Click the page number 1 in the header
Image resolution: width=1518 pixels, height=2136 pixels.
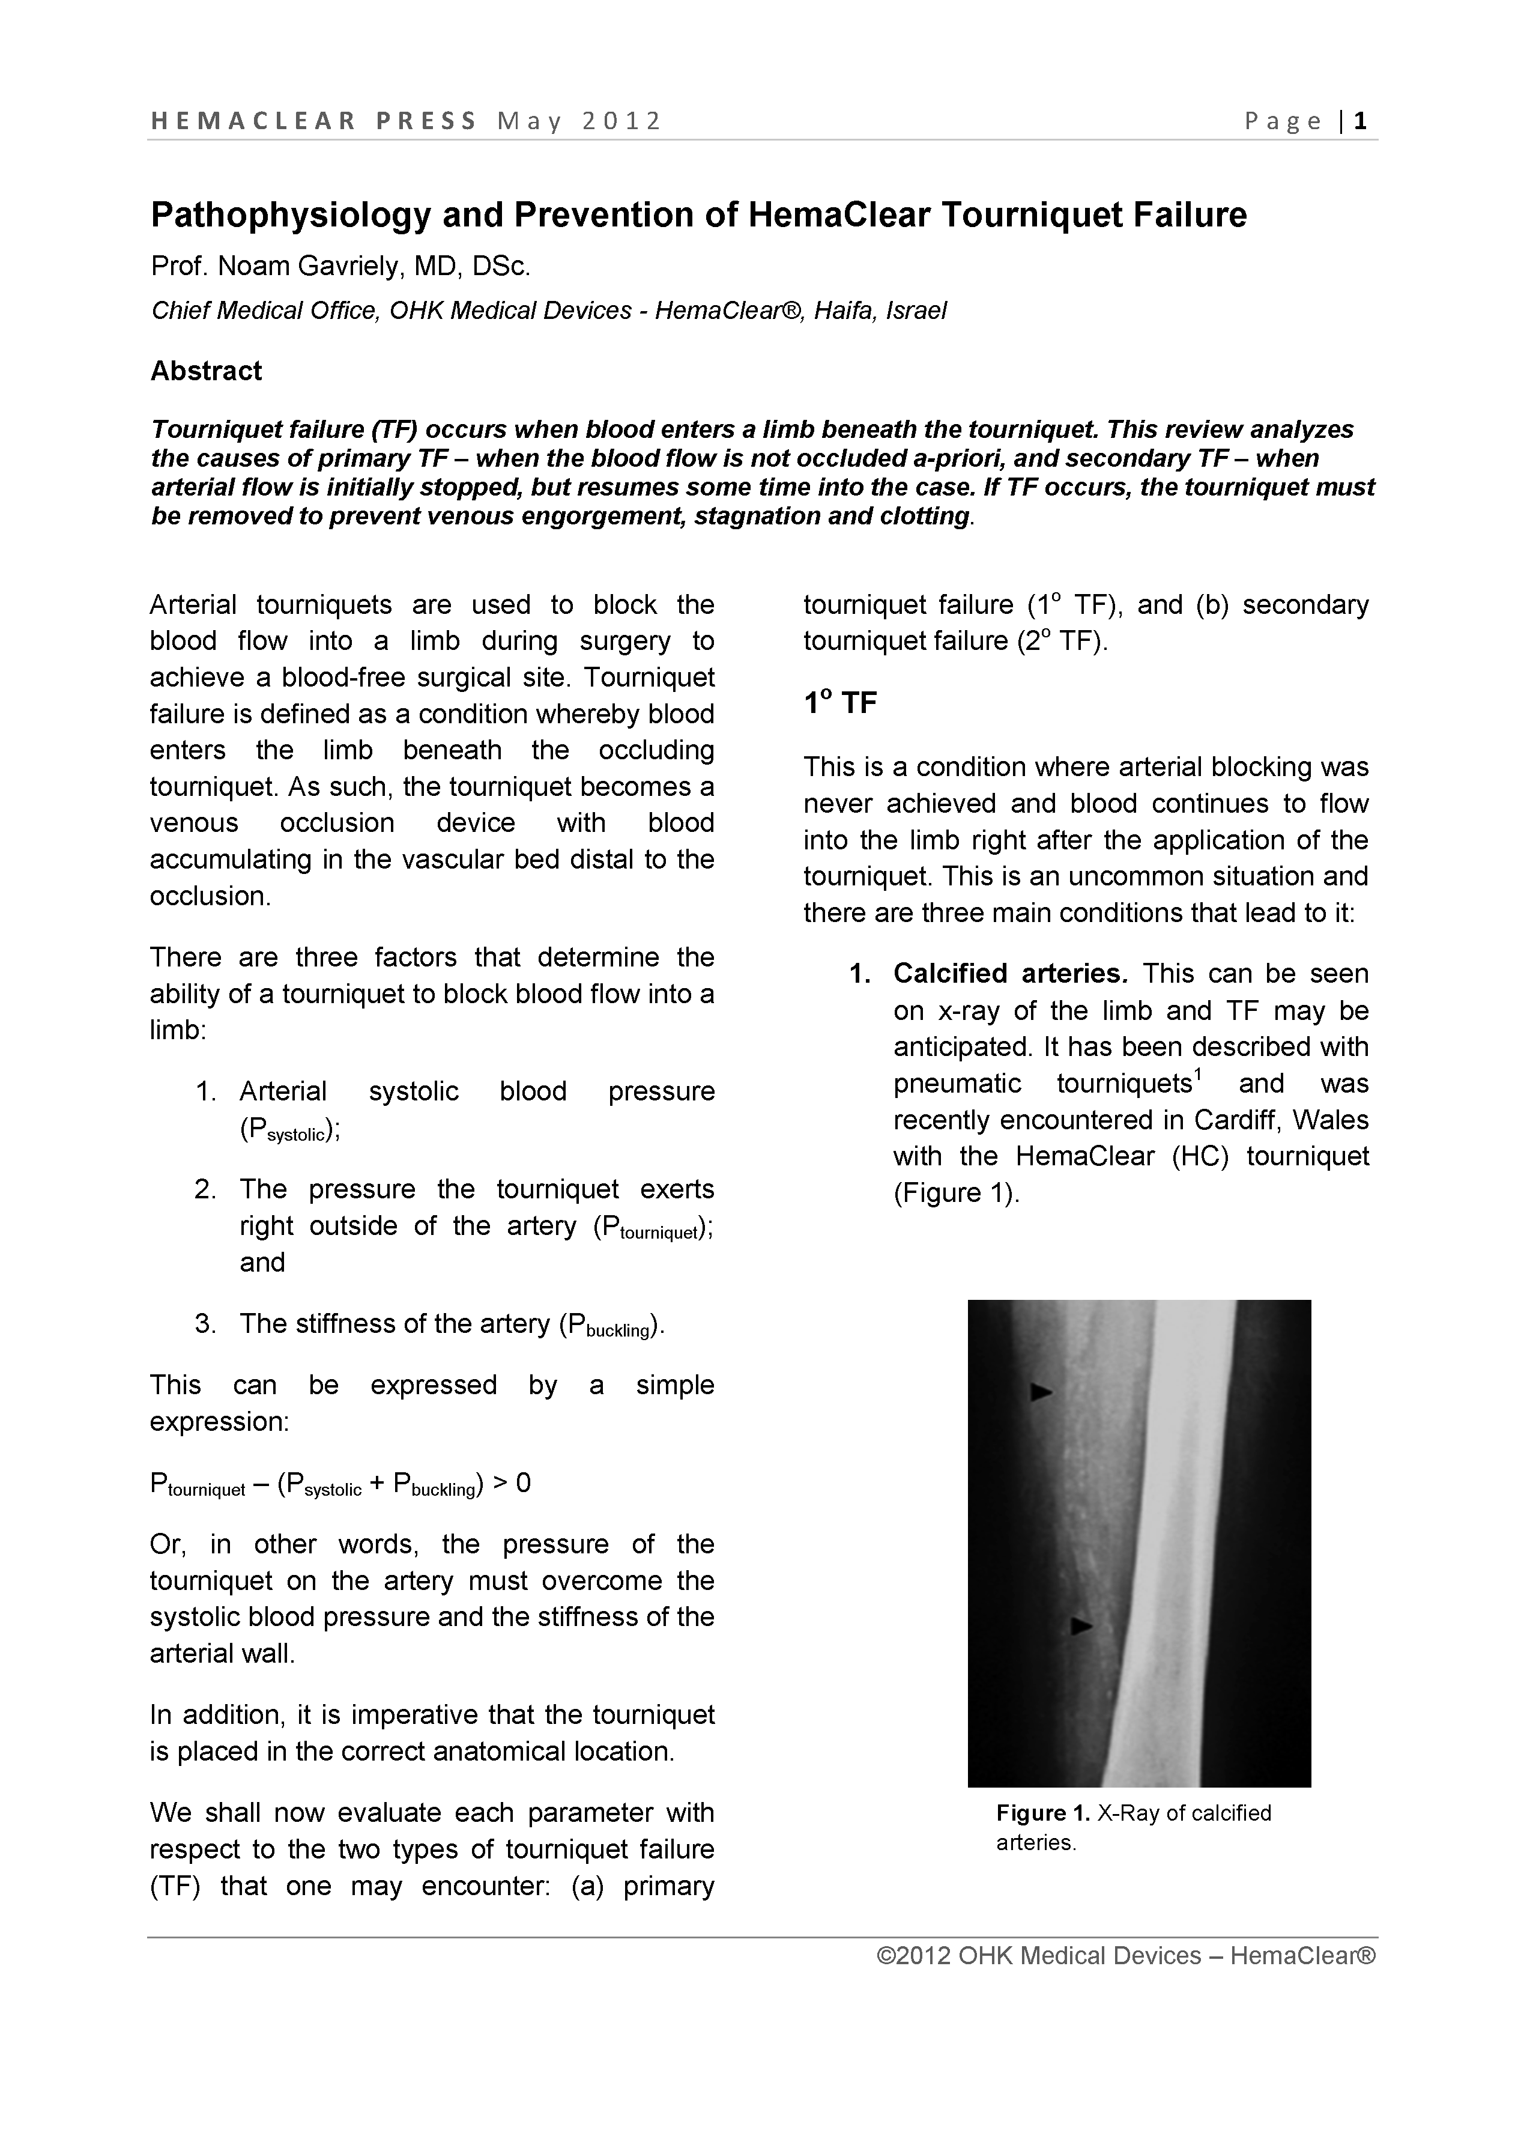tap(1361, 121)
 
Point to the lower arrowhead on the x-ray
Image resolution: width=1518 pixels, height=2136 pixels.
tap(1081, 1625)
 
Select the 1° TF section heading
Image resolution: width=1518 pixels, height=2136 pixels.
tap(839, 703)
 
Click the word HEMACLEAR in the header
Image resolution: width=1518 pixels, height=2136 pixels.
tap(253, 121)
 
